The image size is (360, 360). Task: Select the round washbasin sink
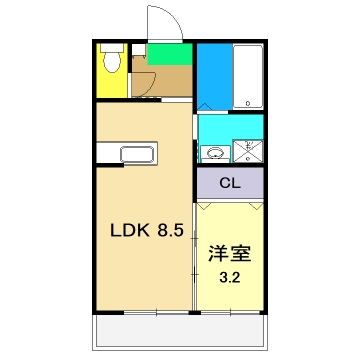pyautogui.click(x=213, y=153)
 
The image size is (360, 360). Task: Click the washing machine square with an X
pyautogui.click(x=246, y=152)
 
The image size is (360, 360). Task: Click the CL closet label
pyautogui.click(x=230, y=183)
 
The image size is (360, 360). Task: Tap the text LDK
pyautogui.click(x=127, y=230)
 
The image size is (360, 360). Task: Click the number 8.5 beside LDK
pyautogui.click(x=167, y=230)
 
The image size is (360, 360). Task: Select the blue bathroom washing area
pyautogui.click(x=211, y=75)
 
